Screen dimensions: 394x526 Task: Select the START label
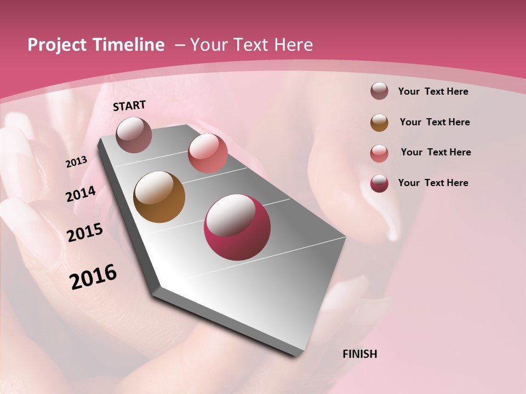(129, 106)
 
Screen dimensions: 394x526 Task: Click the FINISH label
(360, 354)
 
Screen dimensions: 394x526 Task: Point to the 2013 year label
(77, 162)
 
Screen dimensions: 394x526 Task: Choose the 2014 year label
(81, 194)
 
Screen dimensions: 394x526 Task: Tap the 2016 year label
(93, 277)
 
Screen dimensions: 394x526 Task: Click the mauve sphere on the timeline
(134, 135)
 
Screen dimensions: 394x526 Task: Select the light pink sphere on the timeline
(208, 153)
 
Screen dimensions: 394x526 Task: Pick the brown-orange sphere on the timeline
(159, 197)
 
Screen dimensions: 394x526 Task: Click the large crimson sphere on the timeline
(237, 227)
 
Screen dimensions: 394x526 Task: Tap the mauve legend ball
(379, 91)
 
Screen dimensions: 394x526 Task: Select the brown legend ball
(379, 122)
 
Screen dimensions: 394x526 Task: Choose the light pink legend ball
(379, 153)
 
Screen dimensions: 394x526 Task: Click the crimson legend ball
(379, 183)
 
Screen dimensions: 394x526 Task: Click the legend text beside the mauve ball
(433, 91)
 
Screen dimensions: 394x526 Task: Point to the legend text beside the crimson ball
(433, 183)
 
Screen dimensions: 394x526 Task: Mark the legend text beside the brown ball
(435, 122)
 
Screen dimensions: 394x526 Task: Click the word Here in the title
(293, 45)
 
